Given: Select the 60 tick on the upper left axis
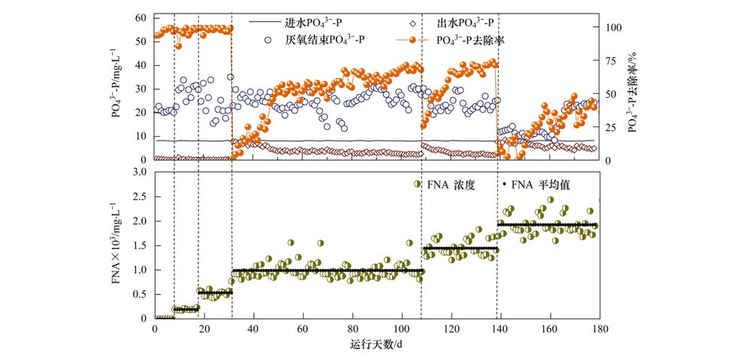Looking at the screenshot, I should pos(140,17).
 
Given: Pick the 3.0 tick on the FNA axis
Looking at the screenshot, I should pos(138,173).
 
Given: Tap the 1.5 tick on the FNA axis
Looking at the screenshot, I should pos(138,246).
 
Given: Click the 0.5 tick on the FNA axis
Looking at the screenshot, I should pos(138,295).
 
